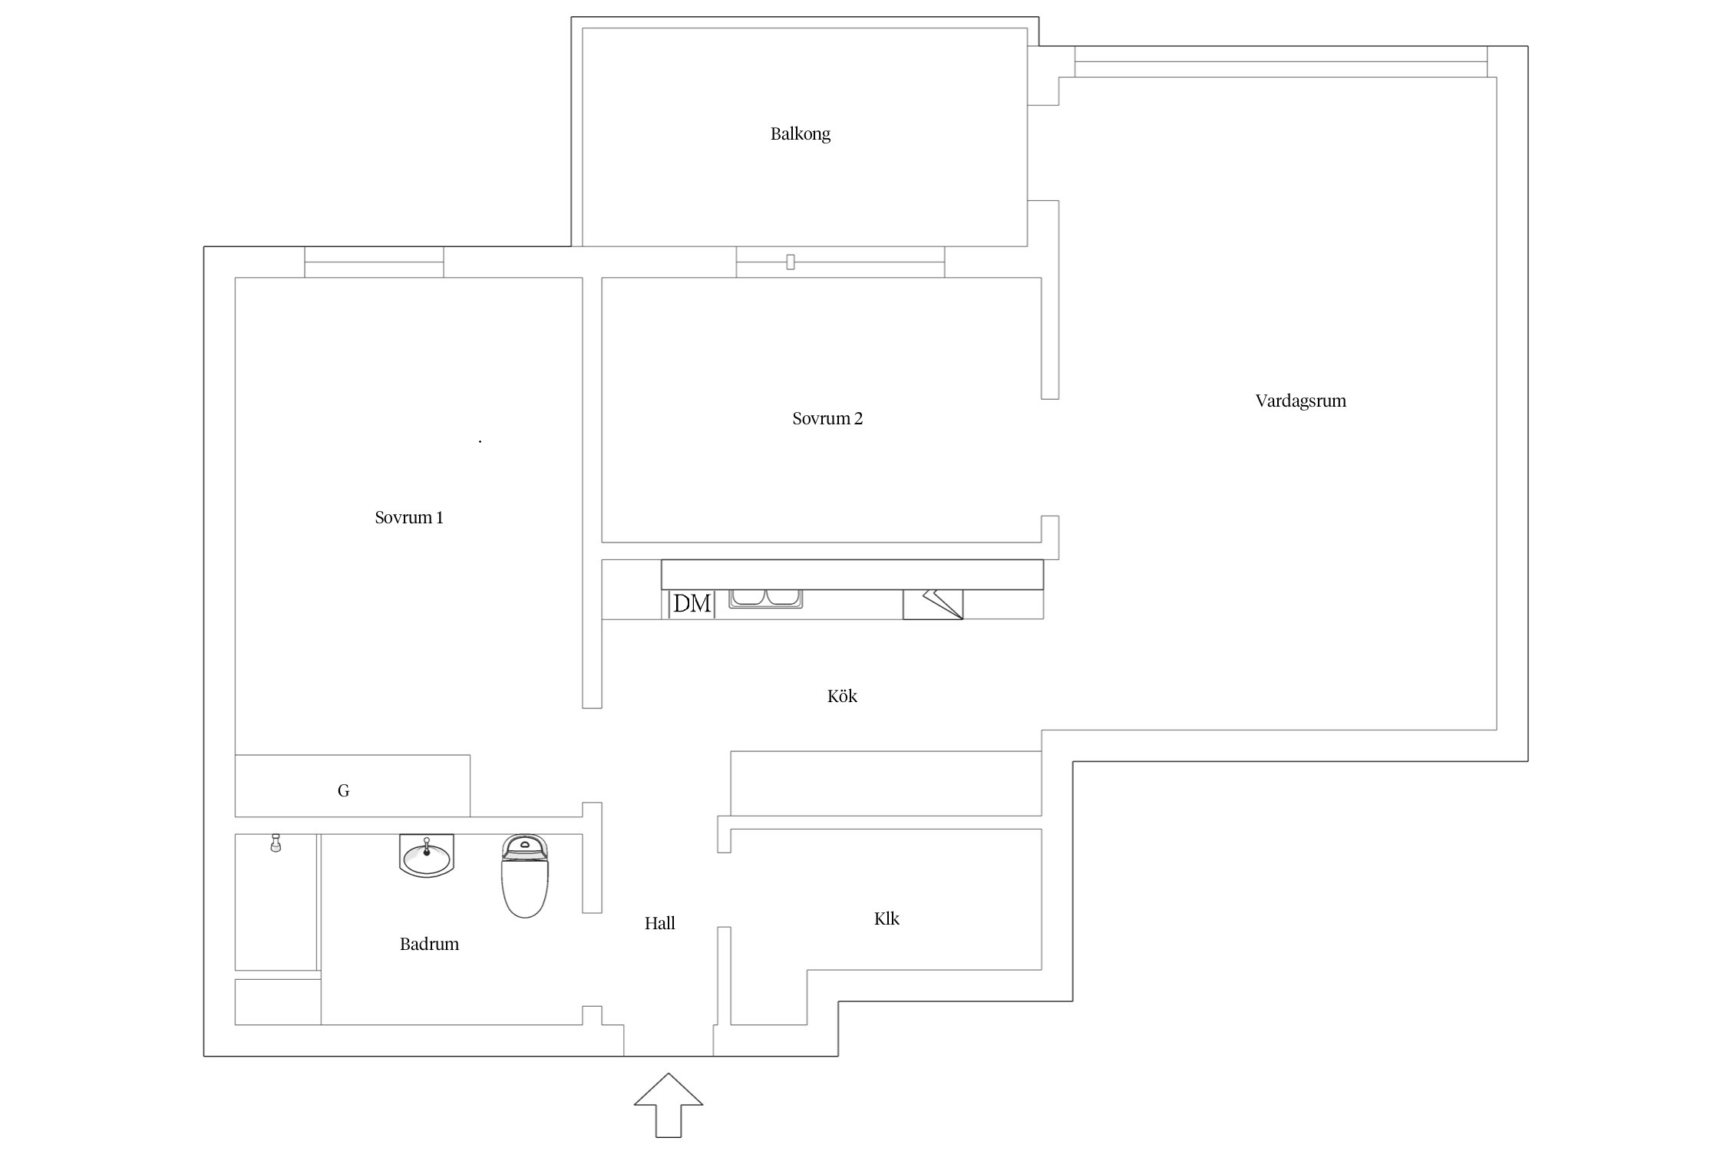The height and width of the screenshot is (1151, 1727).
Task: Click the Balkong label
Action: (x=801, y=134)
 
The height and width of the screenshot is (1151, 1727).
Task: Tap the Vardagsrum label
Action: (x=1301, y=401)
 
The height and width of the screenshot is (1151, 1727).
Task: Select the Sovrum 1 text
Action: (x=409, y=517)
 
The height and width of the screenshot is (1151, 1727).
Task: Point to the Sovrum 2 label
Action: (x=827, y=418)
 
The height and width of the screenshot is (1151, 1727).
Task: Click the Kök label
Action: (x=842, y=696)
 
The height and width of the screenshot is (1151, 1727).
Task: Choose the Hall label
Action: (x=660, y=923)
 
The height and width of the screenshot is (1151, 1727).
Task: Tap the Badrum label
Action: (x=429, y=944)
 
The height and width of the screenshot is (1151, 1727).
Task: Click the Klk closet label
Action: (x=887, y=918)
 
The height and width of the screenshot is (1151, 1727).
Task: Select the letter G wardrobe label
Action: (x=344, y=790)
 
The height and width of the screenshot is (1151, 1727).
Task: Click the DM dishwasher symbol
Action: (x=692, y=604)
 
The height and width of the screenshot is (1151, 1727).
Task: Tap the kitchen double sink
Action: (x=765, y=599)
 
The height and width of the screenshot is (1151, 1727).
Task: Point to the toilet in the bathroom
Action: (x=525, y=876)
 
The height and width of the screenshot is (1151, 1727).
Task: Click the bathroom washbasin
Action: (x=427, y=856)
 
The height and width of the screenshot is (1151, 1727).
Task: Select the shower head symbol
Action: (x=276, y=843)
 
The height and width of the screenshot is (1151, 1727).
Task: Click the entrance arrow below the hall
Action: (x=669, y=1105)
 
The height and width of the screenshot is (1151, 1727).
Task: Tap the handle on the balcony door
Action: (x=791, y=262)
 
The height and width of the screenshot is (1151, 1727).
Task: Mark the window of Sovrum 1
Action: (x=374, y=262)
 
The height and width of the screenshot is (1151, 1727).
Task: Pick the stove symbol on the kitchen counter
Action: (x=933, y=604)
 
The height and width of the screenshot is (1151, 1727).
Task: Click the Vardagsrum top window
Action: (x=1281, y=61)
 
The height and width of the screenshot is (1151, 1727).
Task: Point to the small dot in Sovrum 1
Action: (x=480, y=441)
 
